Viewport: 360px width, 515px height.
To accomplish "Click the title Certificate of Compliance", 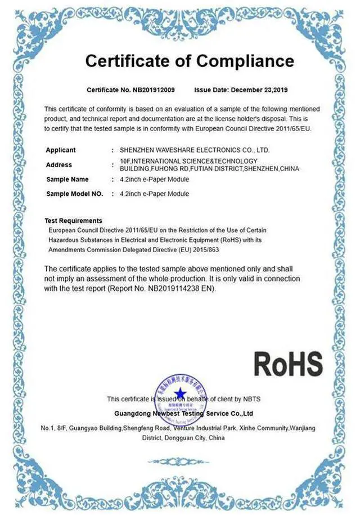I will tap(189, 61).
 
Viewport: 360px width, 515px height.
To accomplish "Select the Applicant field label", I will tap(61, 150).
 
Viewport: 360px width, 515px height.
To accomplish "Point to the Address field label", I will tap(59, 165).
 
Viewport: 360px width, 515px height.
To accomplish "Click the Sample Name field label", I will tap(67, 180).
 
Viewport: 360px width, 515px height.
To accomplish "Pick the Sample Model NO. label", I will tap(74, 194).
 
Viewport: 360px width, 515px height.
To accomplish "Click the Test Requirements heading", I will tap(73, 221).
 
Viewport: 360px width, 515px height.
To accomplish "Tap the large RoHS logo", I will tap(288, 364).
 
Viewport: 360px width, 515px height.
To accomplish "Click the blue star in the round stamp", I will tap(179, 393).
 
